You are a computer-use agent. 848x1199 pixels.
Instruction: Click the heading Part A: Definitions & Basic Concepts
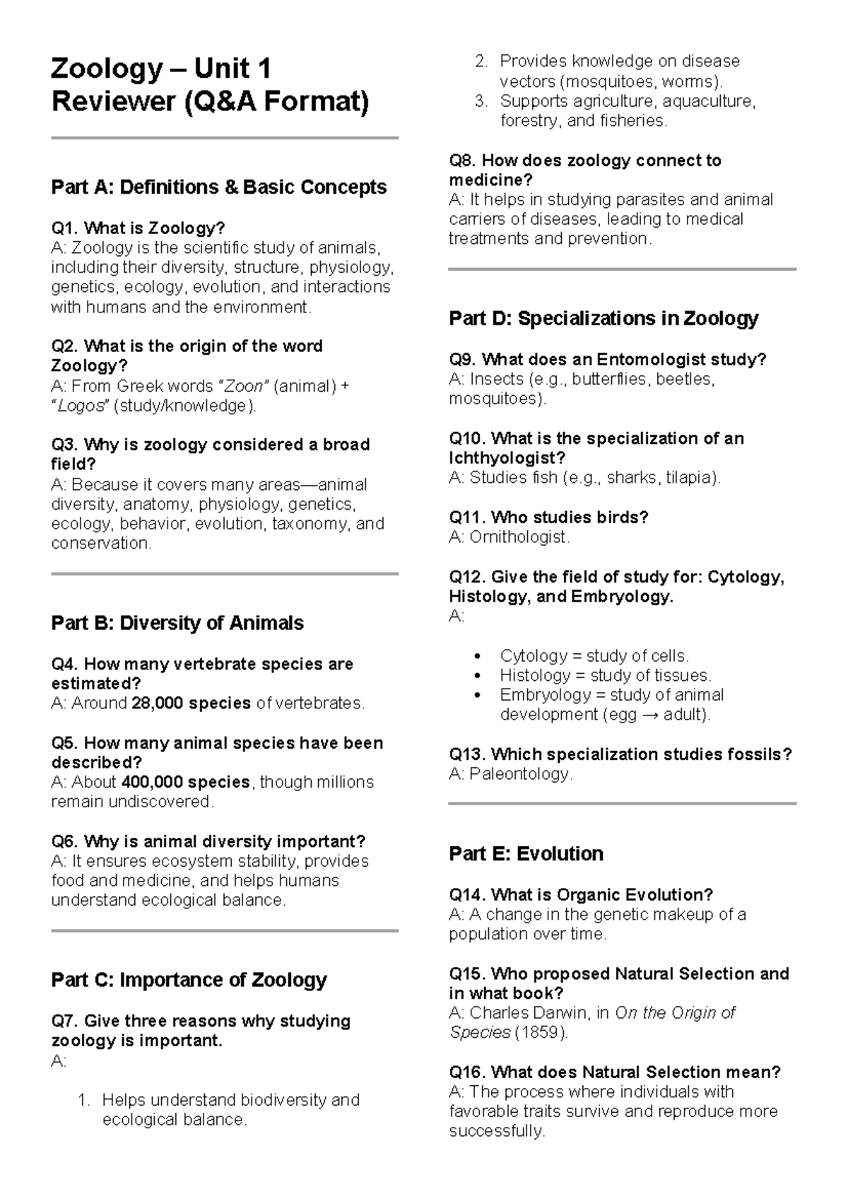[x=218, y=187]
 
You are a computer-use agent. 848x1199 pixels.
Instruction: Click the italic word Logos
[x=81, y=406]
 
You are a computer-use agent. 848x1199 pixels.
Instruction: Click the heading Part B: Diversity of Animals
[x=177, y=624]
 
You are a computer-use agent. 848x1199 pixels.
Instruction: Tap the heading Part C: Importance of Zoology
[x=189, y=981]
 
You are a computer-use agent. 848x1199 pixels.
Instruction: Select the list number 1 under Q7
[x=83, y=1100]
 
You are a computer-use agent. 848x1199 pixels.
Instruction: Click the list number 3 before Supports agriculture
[x=481, y=101]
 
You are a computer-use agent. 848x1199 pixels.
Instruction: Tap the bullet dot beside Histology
[x=479, y=676]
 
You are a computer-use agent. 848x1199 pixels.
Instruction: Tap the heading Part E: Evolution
[x=526, y=854]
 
